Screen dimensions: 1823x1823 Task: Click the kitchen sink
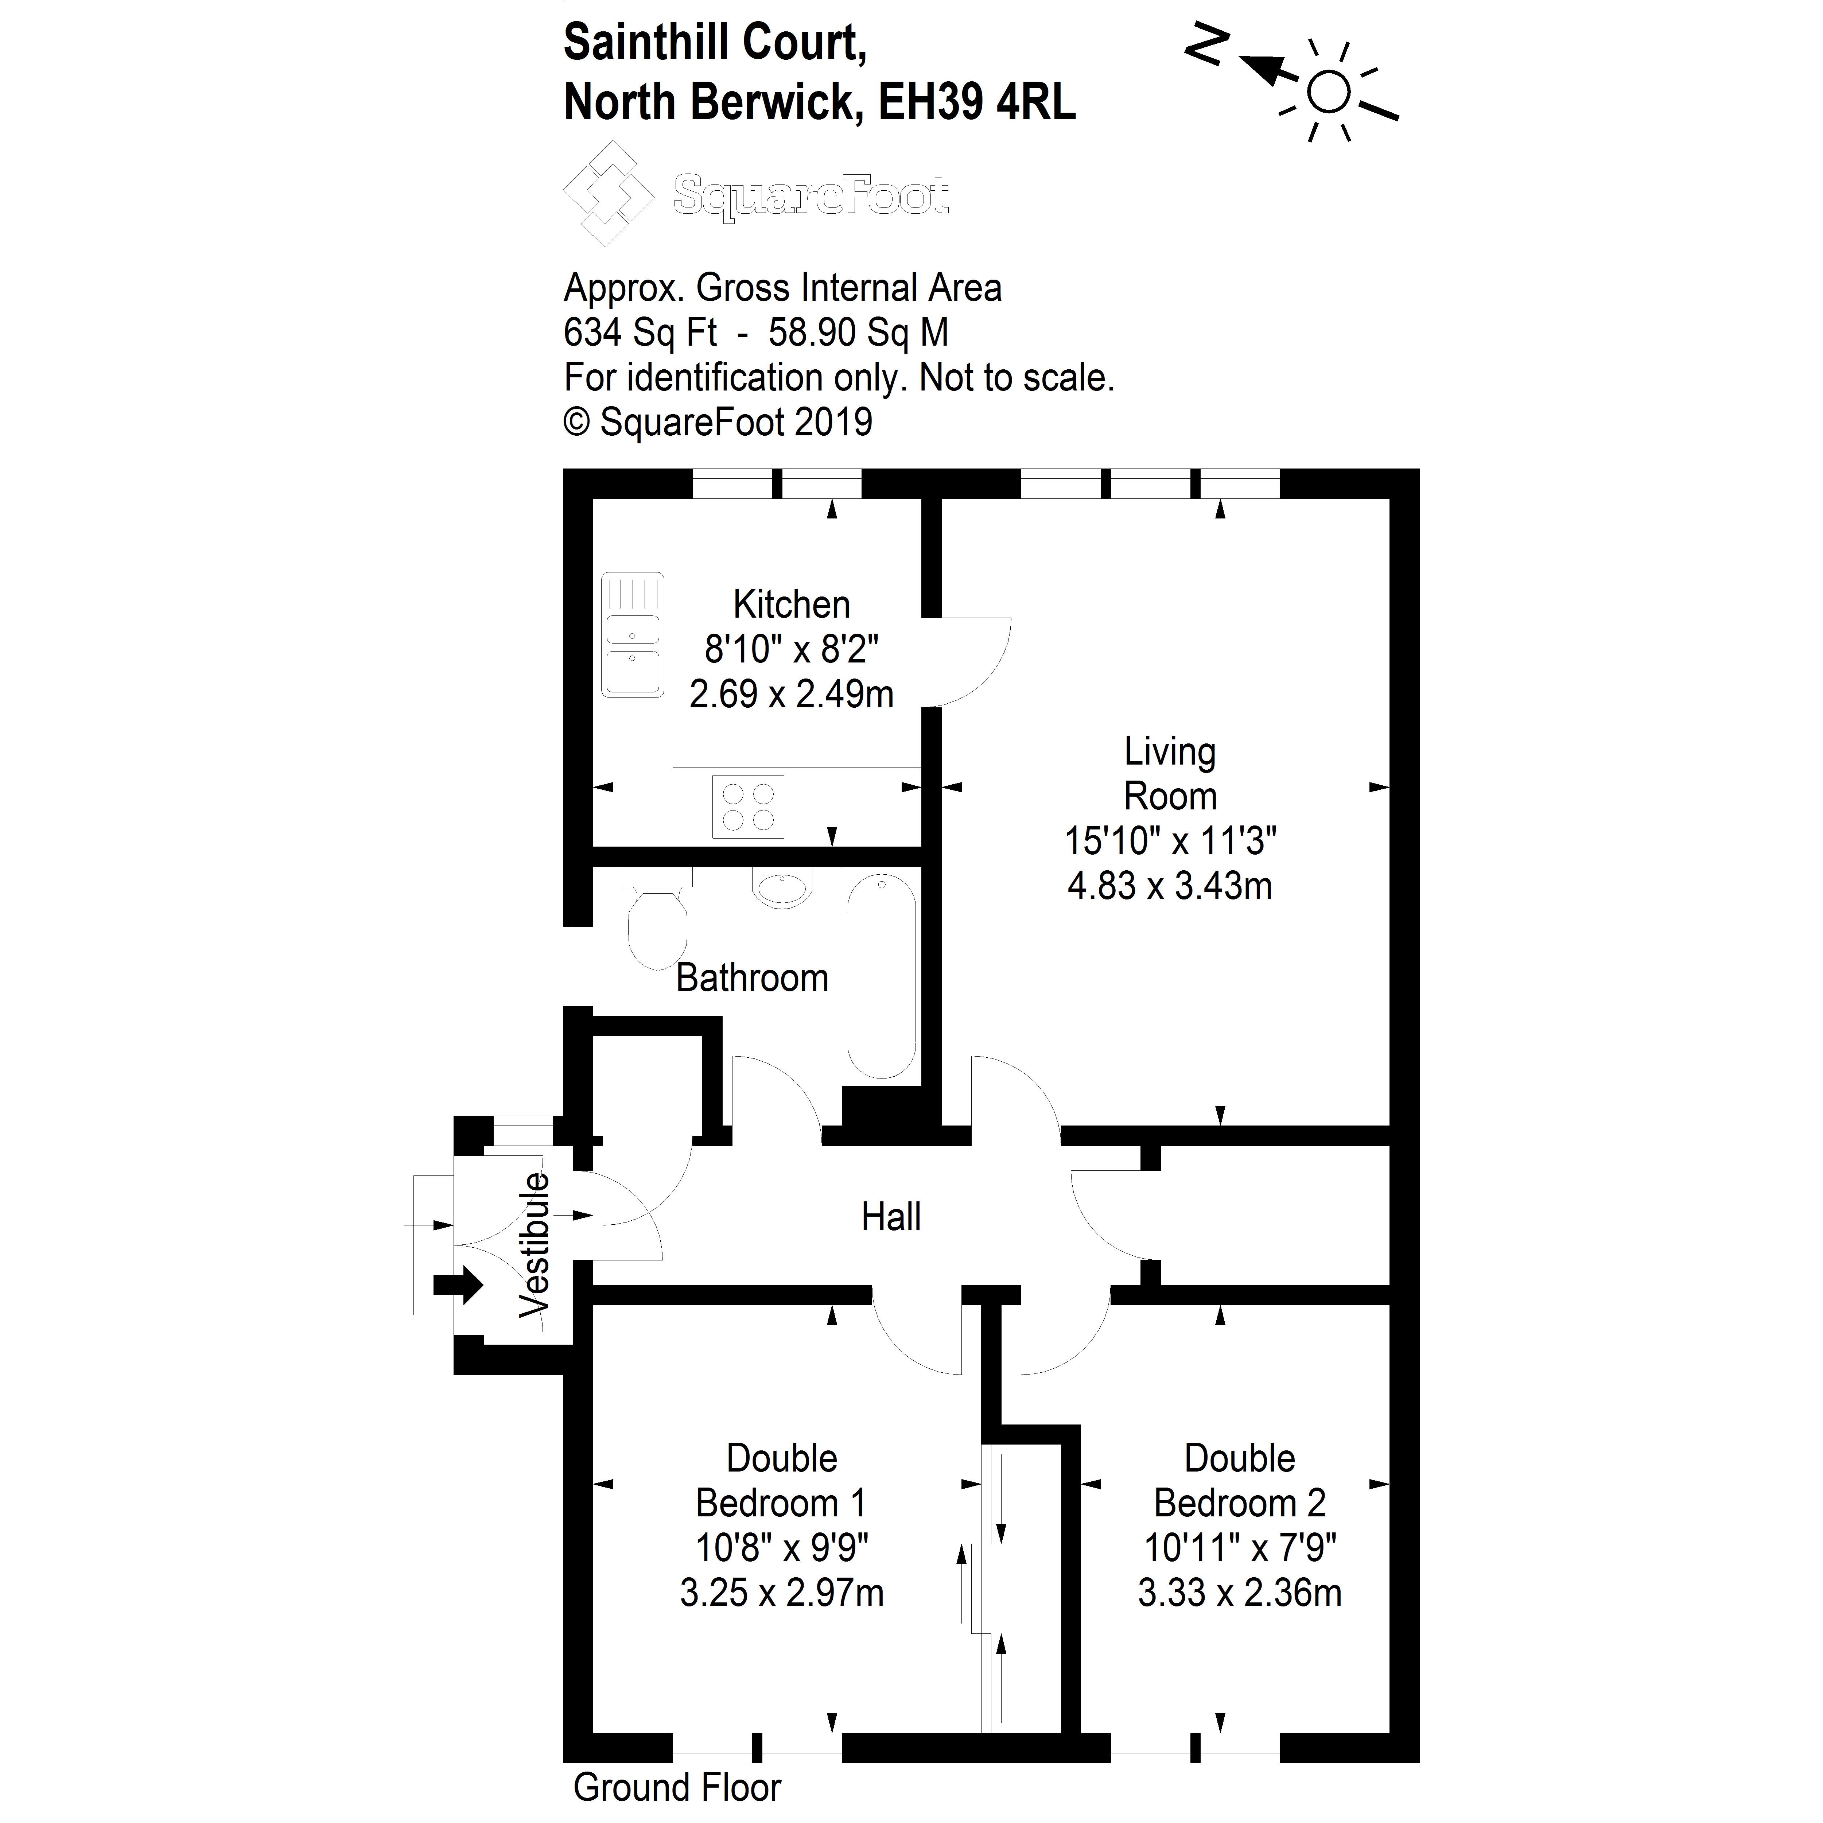(x=632, y=634)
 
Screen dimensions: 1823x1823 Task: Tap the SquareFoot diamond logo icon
(x=608, y=194)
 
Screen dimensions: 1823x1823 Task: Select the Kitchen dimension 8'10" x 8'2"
(x=791, y=649)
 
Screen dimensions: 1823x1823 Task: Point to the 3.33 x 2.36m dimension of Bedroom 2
(x=1239, y=1593)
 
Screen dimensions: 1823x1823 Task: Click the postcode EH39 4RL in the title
(x=977, y=102)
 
